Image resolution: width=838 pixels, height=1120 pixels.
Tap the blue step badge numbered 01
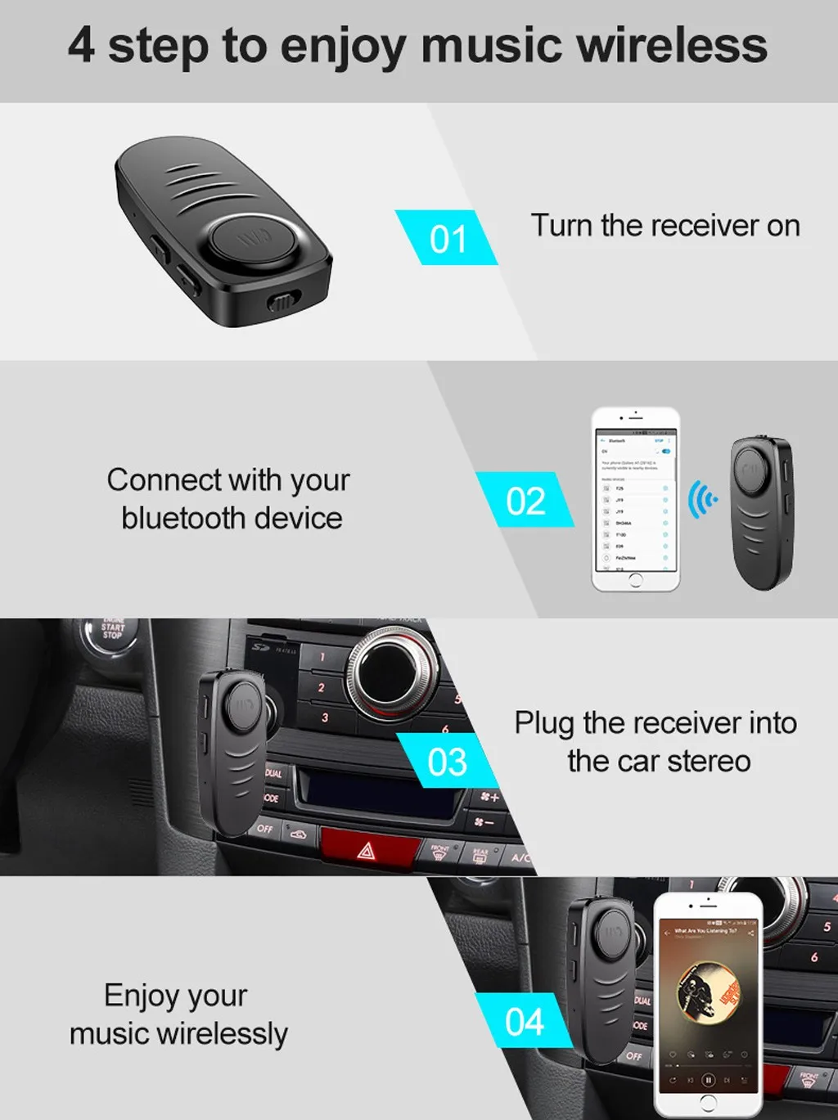tap(447, 238)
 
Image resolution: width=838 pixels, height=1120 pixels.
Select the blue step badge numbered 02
tap(525, 500)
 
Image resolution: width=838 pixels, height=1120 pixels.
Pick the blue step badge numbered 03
tap(447, 761)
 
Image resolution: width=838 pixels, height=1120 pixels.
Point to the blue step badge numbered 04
tap(524, 1021)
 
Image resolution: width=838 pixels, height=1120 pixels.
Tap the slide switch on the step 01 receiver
tap(282, 304)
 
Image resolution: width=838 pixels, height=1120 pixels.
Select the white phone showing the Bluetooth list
tap(636, 499)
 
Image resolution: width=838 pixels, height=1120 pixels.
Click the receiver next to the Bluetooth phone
tap(762, 512)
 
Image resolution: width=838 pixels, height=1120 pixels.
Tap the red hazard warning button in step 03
tap(367, 848)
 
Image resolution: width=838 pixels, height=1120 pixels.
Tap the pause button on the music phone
tap(709, 1080)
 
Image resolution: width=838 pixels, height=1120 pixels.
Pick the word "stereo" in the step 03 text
tap(709, 762)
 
